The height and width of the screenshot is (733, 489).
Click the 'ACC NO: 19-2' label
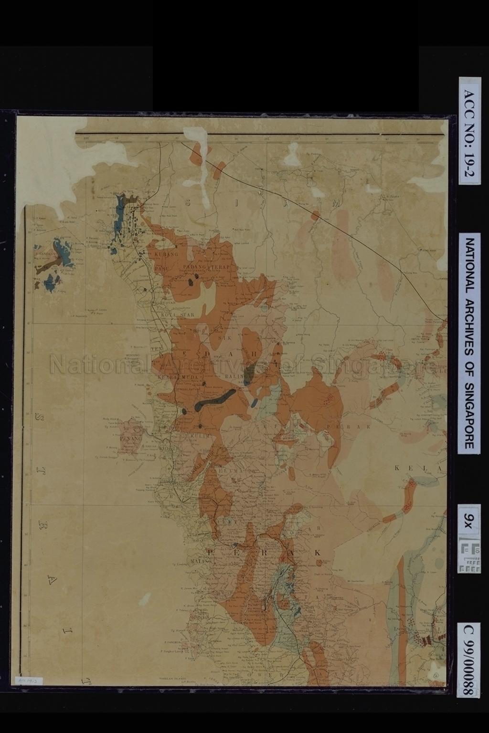469,130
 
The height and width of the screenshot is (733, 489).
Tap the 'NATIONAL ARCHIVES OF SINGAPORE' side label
469,343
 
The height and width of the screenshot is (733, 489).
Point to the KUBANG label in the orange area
166,254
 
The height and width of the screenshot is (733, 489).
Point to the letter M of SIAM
336,203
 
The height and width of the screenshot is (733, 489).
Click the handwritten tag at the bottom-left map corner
23,679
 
